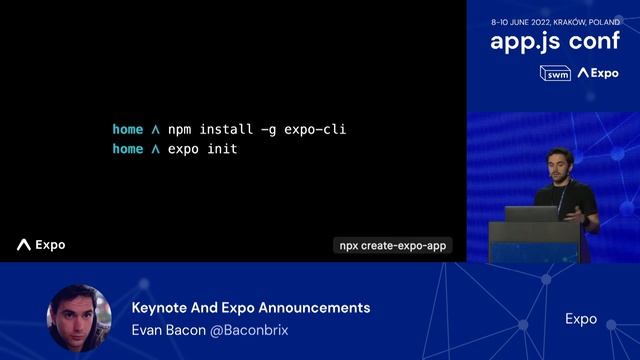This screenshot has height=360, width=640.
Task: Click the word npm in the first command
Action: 179,130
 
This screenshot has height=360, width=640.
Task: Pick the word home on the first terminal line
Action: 127,130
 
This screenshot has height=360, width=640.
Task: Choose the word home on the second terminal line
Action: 127,149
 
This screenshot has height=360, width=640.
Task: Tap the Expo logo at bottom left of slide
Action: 41,245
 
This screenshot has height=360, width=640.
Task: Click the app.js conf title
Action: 554,42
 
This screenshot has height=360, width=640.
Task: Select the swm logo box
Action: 555,73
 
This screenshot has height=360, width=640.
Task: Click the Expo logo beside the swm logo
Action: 598,73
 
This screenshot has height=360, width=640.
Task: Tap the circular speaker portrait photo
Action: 78,318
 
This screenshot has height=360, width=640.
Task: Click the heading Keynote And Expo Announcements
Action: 250,308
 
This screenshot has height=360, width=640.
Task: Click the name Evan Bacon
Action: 167,329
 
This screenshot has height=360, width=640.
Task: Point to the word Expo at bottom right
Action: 581,319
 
